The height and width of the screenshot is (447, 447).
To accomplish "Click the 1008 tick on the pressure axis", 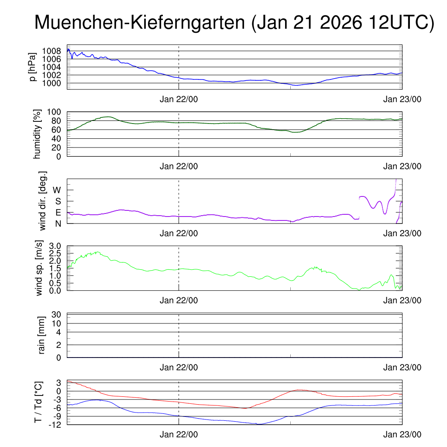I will [55, 51].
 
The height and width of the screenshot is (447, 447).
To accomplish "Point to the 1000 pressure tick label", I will [55, 83].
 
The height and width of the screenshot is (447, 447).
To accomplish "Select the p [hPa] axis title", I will [33, 66].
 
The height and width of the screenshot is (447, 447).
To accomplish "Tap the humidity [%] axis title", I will [38, 134].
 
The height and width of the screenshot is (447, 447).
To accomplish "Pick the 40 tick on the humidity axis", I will [58, 138].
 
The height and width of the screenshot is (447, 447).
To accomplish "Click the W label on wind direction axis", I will [57, 190].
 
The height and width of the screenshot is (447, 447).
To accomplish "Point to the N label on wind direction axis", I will [58, 223].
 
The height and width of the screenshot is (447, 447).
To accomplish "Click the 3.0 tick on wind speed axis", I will [58, 246].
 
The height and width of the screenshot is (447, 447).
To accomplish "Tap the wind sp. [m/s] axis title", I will [39, 268].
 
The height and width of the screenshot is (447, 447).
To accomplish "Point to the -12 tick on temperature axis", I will [55, 424].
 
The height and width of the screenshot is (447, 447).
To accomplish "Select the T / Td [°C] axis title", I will [38, 402].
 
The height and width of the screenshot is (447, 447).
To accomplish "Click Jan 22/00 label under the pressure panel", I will [179, 99].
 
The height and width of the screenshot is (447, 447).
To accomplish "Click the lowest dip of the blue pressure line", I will [296, 85].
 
